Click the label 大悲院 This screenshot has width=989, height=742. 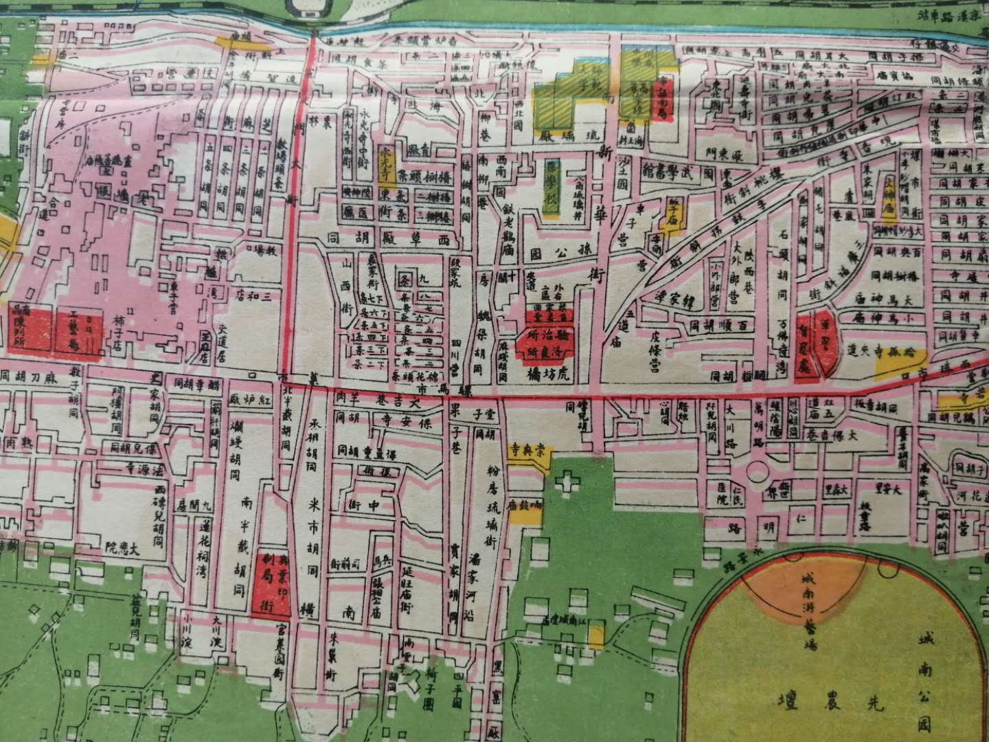(124, 548)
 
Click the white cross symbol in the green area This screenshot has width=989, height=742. (567, 486)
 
